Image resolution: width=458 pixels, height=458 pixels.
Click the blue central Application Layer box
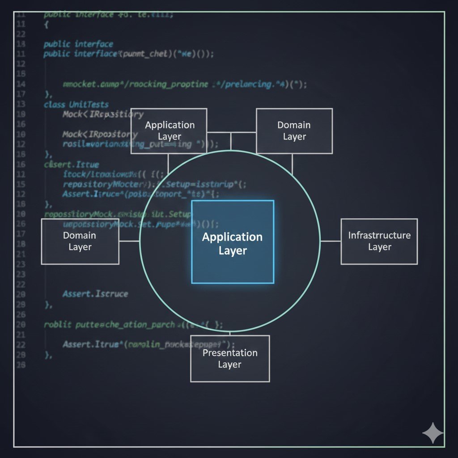233,242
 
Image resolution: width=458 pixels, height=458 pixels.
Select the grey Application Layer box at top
169,131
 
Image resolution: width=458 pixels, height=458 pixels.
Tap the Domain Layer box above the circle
294,131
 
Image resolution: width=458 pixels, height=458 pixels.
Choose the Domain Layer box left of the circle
80,242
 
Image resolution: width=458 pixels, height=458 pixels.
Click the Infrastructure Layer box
379,242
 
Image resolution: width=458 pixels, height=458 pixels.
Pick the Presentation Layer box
230,359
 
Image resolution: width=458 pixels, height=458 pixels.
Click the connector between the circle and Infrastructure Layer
331,241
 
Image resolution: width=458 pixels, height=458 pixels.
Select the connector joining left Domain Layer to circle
129,241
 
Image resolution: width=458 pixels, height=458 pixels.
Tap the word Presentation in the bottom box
230,353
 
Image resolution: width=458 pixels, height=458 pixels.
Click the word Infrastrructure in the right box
379,235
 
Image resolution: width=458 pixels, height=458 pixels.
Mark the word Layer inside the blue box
233,251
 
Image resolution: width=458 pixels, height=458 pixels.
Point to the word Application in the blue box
233,237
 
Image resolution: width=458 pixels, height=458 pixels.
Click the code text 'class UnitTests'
76,105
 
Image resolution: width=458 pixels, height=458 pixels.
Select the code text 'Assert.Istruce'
95,294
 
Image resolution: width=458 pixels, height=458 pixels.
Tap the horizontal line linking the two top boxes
231,132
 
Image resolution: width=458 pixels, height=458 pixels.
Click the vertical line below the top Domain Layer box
292,164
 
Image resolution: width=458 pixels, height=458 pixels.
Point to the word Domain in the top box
294,125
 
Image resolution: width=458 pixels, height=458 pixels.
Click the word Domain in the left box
80,235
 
